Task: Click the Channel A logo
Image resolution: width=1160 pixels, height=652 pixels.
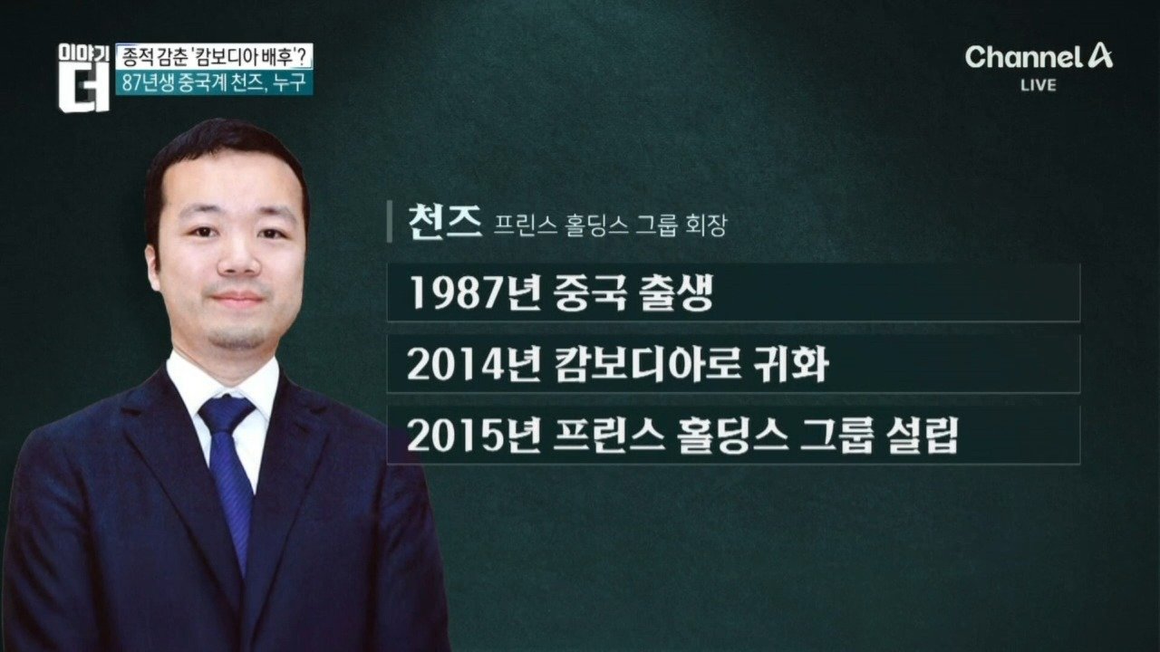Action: [x=1039, y=57]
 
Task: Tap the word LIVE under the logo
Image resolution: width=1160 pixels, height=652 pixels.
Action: [x=1039, y=85]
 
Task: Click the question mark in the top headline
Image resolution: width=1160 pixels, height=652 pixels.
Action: [x=306, y=56]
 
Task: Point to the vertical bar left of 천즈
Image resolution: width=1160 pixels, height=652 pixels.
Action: [x=390, y=222]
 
